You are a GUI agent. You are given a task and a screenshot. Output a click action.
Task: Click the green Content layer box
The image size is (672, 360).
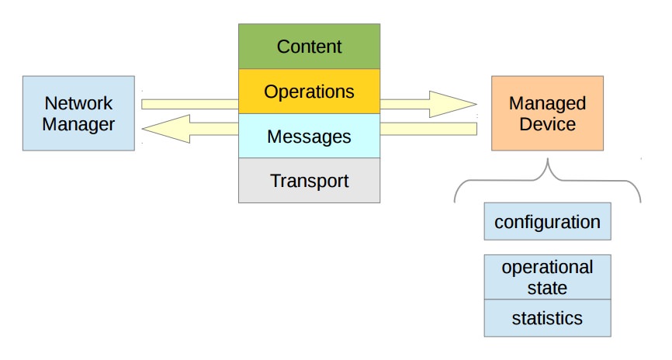tap(309, 47)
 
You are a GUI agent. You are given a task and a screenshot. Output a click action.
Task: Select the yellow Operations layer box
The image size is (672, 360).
tap(309, 92)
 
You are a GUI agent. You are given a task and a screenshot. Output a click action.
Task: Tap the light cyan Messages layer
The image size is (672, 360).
tap(309, 137)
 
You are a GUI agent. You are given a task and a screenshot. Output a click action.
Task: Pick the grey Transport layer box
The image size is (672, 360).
tap(309, 181)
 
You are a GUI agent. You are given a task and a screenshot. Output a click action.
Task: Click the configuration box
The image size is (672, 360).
tap(547, 222)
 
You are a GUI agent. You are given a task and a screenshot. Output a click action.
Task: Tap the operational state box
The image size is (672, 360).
tap(547, 277)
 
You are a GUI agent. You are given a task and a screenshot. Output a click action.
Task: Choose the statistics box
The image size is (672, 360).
tap(547, 318)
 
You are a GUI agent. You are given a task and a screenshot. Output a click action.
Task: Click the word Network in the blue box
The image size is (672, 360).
tap(78, 103)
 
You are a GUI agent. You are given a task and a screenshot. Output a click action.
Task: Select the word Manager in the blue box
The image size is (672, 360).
tap(78, 124)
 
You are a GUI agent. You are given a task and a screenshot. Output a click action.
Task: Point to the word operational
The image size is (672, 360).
tap(547, 268)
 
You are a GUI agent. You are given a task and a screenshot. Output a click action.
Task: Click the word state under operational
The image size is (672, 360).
tap(547, 288)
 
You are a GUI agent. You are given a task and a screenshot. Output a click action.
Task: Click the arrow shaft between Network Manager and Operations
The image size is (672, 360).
tap(190, 103)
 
